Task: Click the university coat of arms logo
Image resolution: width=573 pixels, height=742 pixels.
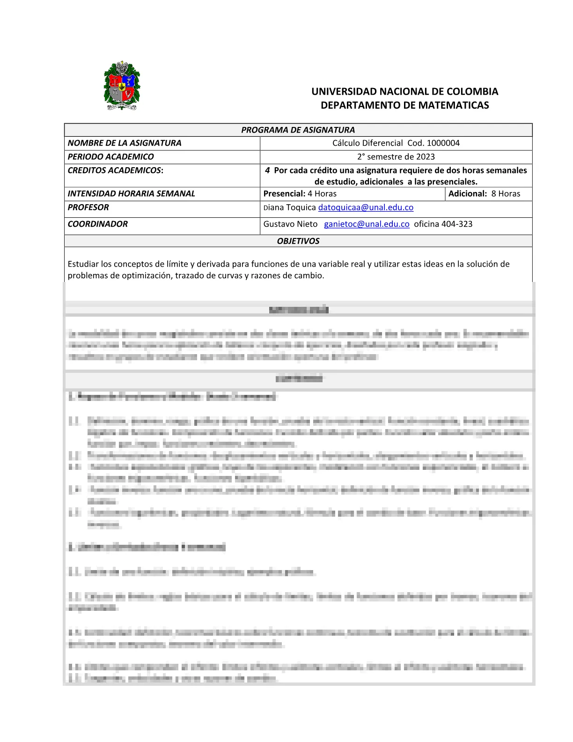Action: [x=122, y=86]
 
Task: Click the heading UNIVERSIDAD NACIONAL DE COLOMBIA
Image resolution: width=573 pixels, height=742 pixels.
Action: [x=404, y=91]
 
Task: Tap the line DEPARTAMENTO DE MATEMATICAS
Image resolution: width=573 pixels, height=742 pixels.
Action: [x=404, y=105]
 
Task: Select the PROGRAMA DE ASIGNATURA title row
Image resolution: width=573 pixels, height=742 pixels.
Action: [x=298, y=130]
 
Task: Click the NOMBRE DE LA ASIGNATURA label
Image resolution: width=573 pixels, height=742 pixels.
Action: [x=124, y=143]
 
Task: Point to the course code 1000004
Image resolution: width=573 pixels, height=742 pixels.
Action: [x=443, y=143]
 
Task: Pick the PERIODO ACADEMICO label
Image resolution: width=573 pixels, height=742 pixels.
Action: [x=110, y=156]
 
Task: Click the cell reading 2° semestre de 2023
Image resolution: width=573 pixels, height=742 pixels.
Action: [x=396, y=156]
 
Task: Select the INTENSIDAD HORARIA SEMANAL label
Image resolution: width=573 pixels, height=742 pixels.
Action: [x=131, y=193]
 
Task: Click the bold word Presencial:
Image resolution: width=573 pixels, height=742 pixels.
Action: [x=284, y=193]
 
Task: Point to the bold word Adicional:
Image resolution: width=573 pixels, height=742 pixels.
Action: [x=468, y=193]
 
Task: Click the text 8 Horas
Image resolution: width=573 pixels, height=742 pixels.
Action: [x=506, y=193]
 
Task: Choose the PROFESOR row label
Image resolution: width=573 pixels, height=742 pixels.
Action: [x=88, y=207]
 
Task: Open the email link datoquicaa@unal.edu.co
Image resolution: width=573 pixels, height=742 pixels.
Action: [x=366, y=207]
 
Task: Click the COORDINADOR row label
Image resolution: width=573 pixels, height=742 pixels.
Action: [x=97, y=224]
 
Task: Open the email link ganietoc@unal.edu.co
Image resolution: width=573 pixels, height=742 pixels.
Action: [x=367, y=224]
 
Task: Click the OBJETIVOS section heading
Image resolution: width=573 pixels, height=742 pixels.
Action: [x=298, y=241]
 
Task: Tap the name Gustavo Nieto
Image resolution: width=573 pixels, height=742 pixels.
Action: [x=290, y=224]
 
